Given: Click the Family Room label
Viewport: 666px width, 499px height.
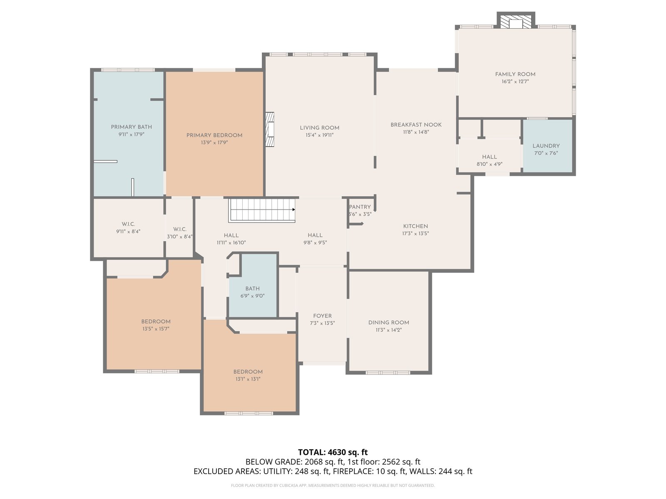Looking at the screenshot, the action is click(x=515, y=74).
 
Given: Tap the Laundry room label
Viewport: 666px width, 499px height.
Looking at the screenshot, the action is click(x=546, y=146).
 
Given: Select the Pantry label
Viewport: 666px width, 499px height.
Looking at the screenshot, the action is click(x=360, y=207).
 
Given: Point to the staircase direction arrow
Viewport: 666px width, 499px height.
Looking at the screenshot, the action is click(x=293, y=209).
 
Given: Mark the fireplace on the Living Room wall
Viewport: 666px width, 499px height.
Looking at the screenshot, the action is click(x=270, y=129).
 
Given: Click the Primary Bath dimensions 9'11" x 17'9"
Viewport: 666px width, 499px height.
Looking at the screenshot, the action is click(x=131, y=134).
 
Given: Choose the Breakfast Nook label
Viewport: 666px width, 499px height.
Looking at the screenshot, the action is click(x=416, y=124).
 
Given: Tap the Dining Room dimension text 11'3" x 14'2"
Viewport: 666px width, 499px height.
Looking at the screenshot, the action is click(x=388, y=330).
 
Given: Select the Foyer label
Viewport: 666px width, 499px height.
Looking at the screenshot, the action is click(x=322, y=316).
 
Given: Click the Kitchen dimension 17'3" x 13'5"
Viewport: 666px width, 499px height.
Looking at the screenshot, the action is click(x=415, y=233).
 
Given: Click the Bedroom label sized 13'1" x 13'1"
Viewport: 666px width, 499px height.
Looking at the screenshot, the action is click(x=248, y=372).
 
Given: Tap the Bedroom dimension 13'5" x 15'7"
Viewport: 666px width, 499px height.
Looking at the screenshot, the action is click(x=156, y=329).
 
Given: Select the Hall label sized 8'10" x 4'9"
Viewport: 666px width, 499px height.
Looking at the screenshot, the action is click(x=490, y=157).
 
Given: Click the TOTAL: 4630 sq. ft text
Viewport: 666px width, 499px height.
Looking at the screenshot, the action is click(x=333, y=452).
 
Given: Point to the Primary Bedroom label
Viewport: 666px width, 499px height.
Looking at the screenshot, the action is click(x=214, y=135).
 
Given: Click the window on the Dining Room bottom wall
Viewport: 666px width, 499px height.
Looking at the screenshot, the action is click(x=388, y=373).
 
